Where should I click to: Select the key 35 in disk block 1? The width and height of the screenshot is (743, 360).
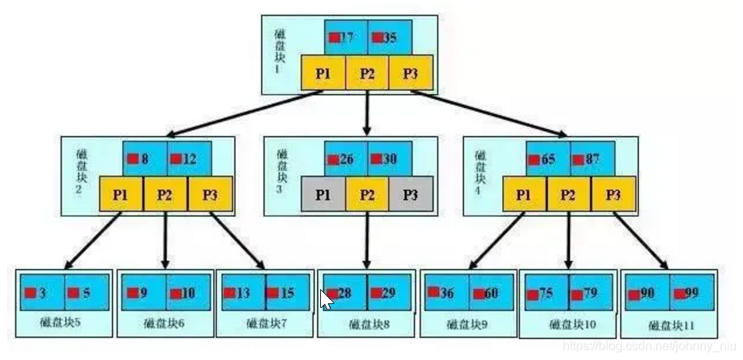[389, 37]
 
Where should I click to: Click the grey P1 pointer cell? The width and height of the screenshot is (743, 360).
[323, 194]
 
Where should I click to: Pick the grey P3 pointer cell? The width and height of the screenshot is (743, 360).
[410, 194]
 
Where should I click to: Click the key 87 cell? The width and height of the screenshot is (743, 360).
[592, 159]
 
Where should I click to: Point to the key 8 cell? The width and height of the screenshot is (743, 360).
[145, 159]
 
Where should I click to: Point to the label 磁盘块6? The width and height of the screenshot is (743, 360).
[164, 323]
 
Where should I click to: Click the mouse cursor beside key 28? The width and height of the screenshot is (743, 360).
[326, 299]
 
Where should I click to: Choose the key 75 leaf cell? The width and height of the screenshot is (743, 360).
[544, 293]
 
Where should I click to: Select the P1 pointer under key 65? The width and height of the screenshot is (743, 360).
[524, 194]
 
